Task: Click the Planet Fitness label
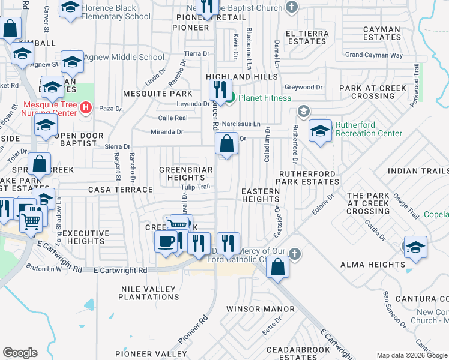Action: pyautogui.click(x=265, y=98)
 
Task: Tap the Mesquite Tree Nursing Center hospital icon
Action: pyautogui.click(x=86, y=108)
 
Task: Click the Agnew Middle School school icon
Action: pyautogui.click(x=72, y=62)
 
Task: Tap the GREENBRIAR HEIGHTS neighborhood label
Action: pyautogui.click(x=185, y=174)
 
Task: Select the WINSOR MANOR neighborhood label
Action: pyautogui.click(x=260, y=309)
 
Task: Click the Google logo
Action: pyautogui.click(x=20, y=353)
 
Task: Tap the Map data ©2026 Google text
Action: pyautogui.click(x=411, y=355)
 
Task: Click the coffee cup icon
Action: pyautogui.click(x=165, y=242)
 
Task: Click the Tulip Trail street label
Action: pyautogui.click(x=196, y=187)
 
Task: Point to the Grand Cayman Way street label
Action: pyautogui.click(x=373, y=55)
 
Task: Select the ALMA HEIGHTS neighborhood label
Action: pyautogui.click(x=372, y=264)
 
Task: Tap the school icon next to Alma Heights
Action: pyautogui.click(x=415, y=247)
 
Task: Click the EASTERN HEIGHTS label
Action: pyautogui.click(x=261, y=195)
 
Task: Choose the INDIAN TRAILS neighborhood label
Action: pyautogui.click(x=418, y=171)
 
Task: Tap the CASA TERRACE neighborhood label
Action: pyautogui.click(x=120, y=190)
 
